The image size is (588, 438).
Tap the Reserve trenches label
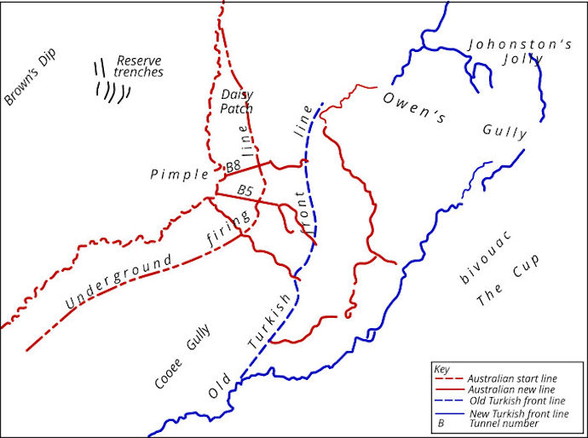tap(140, 66)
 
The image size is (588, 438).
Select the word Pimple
tap(180, 175)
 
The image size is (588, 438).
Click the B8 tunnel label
tap(233, 166)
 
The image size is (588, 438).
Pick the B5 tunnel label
tap(245, 188)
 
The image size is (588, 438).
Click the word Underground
tap(118, 278)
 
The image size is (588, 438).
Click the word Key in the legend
tap(441, 369)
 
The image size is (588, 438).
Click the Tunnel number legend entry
tap(504, 423)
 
